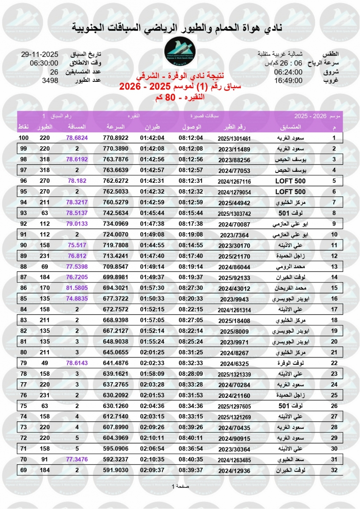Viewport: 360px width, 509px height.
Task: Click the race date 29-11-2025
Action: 39,54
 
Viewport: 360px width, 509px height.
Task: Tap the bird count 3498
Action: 50,80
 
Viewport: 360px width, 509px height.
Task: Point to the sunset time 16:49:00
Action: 288,80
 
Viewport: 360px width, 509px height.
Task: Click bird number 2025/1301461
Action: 235,138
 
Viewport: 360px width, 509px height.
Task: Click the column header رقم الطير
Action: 234,127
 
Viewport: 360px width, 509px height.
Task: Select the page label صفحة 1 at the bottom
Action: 180,486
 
